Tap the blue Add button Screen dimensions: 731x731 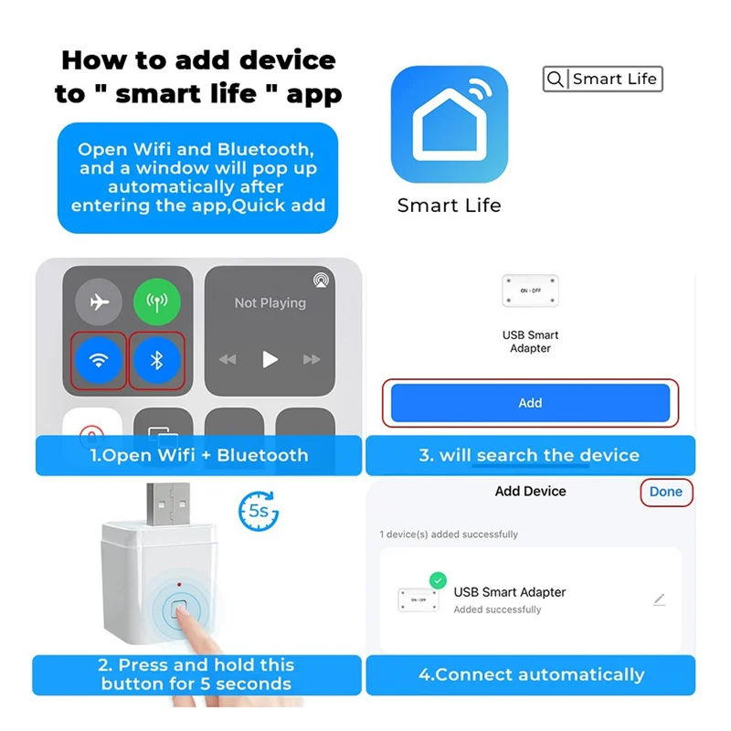pyautogui.click(x=530, y=403)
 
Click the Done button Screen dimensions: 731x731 pyautogui.click(x=665, y=492)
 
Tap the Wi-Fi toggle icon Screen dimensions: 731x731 pyautogui.click(x=98, y=359)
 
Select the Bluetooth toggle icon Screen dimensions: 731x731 pyautogui.click(x=156, y=359)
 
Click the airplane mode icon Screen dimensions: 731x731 pyautogui.click(x=99, y=302)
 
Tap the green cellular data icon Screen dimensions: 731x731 pyautogui.click(x=156, y=302)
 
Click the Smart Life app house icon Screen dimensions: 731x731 pyautogui.click(x=449, y=123)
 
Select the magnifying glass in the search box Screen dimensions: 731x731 pyautogui.click(x=555, y=79)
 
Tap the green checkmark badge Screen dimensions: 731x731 pyautogui.click(x=438, y=580)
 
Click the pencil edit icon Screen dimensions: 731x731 pyautogui.click(x=660, y=599)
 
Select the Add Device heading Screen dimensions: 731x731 pyautogui.click(x=530, y=492)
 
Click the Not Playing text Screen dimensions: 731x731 pyautogui.click(x=270, y=302)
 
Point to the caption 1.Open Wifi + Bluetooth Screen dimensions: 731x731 pyautogui.click(x=198, y=455)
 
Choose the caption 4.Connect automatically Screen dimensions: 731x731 pyautogui.click(x=530, y=675)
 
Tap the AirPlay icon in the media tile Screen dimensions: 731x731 pyautogui.click(x=321, y=279)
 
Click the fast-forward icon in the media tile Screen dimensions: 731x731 pyautogui.click(x=313, y=359)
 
